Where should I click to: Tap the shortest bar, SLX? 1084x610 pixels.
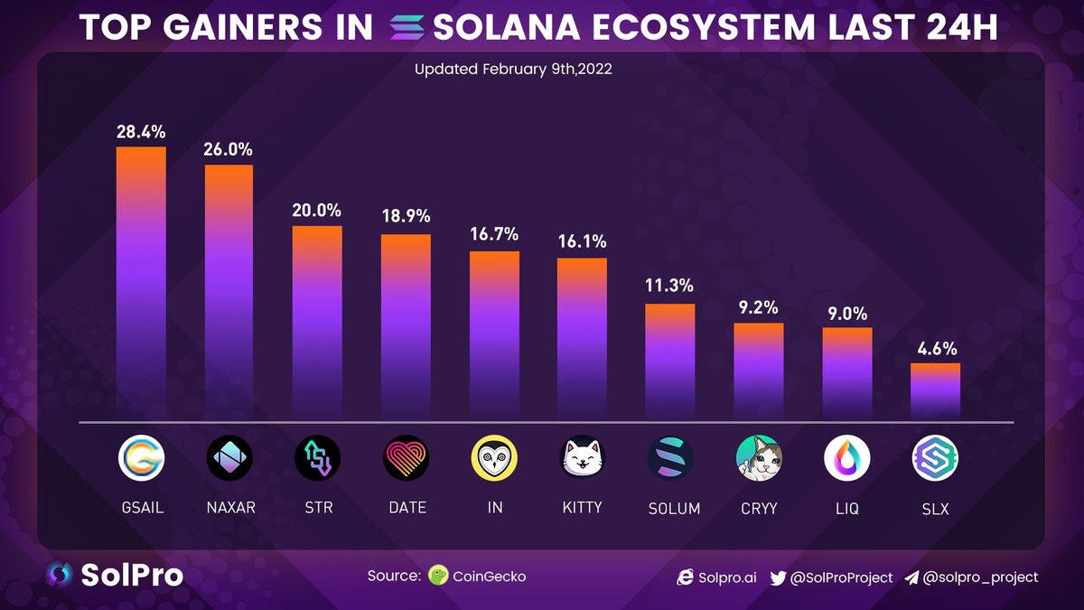935,391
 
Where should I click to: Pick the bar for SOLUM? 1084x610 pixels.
670,361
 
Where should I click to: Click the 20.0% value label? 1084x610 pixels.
316,210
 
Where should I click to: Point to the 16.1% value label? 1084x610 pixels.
582,242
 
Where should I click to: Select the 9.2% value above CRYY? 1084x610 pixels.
759,307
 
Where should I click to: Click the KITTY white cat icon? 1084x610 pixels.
582,459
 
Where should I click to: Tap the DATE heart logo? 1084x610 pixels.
406,459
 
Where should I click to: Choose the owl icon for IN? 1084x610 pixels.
494,459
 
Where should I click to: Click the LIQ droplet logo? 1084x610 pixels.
846,459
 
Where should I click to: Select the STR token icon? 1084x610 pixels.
317,459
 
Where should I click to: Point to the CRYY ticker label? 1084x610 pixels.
758,508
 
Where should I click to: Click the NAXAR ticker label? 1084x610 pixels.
229,508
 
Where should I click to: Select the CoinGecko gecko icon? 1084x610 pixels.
439,576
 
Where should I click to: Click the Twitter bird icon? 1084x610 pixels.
778,577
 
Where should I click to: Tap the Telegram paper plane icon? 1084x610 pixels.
911,577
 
